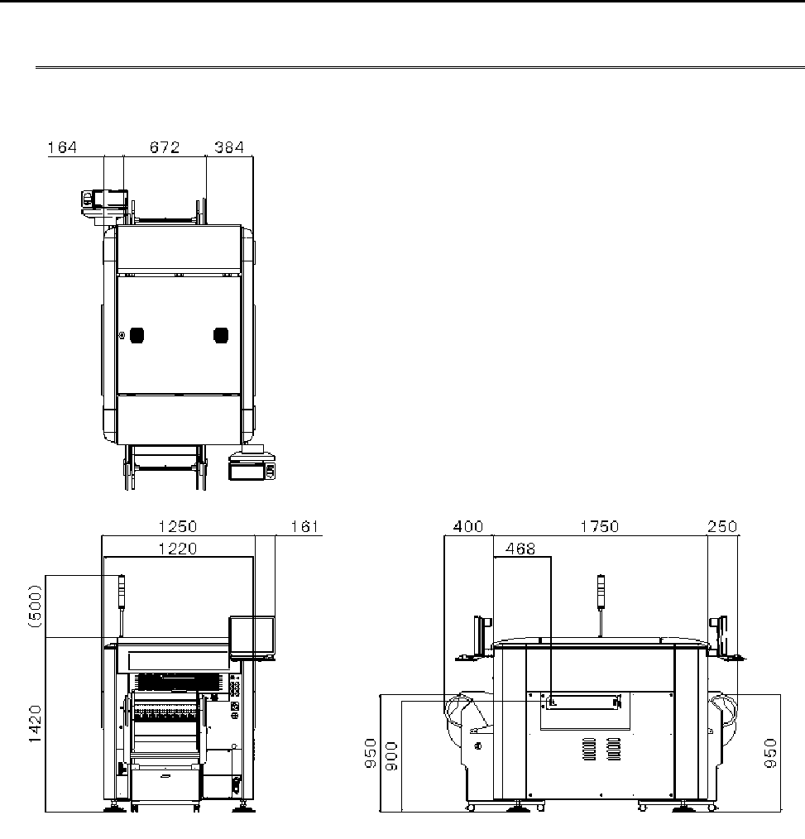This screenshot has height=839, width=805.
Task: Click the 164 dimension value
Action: pyautogui.click(x=63, y=147)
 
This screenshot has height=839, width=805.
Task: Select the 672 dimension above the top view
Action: pyautogui.click(x=165, y=147)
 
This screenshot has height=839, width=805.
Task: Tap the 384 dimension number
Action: pyautogui.click(x=229, y=147)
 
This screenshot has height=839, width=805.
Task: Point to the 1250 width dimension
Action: pyautogui.click(x=178, y=526)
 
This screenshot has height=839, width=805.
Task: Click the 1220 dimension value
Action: pyautogui.click(x=178, y=549)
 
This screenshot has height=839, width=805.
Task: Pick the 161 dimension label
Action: pyautogui.click(x=305, y=526)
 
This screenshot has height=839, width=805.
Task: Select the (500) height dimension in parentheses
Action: pyautogui.click(x=36, y=606)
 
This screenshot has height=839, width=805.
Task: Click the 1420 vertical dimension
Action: pyautogui.click(x=36, y=724)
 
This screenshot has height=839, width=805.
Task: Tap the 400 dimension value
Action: pyautogui.click(x=468, y=526)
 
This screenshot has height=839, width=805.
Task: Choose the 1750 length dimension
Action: pyautogui.click(x=600, y=526)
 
